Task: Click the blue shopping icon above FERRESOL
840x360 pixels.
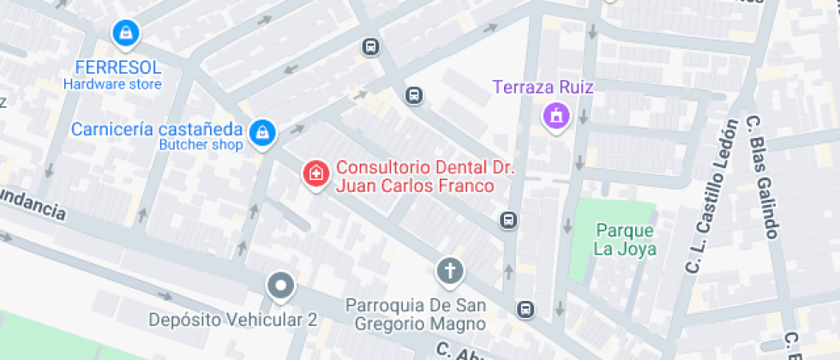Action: (126, 33)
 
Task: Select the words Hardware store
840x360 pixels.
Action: (112, 85)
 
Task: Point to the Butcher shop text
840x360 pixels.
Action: (201, 145)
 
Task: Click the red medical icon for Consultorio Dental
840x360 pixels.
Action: (315, 173)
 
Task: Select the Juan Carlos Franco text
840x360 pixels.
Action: (415, 186)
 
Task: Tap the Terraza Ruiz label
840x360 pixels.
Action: (543, 87)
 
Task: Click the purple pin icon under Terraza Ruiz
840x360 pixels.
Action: (555, 115)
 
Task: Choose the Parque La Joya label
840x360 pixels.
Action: (626, 240)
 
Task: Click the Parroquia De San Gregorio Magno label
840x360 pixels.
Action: (417, 315)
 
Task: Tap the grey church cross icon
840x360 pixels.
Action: (448, 272)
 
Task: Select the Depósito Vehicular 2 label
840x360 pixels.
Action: (233, 320)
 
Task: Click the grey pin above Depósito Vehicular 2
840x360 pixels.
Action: (279, 285)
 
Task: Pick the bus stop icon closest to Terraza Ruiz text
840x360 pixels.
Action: (414, 95)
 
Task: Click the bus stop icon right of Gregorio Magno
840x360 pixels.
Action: (525, 309)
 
